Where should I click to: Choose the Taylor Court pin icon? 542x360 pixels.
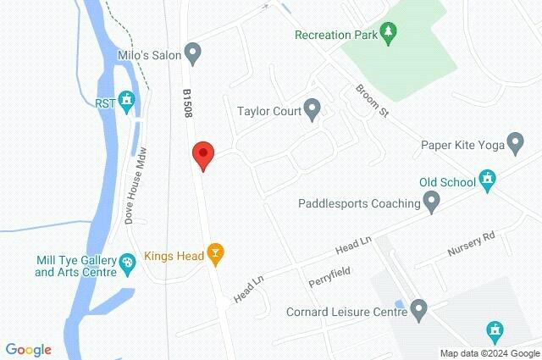point(312,109)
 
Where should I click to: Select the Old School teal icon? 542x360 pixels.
point(487,180)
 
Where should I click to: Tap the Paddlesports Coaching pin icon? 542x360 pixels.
point(432,203)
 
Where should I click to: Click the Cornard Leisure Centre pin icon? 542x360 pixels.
point(418,311)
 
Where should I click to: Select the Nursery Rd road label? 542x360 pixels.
point(476,242)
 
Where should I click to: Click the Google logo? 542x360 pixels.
point(29,349)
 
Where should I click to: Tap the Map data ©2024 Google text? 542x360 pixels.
point(489,352)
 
